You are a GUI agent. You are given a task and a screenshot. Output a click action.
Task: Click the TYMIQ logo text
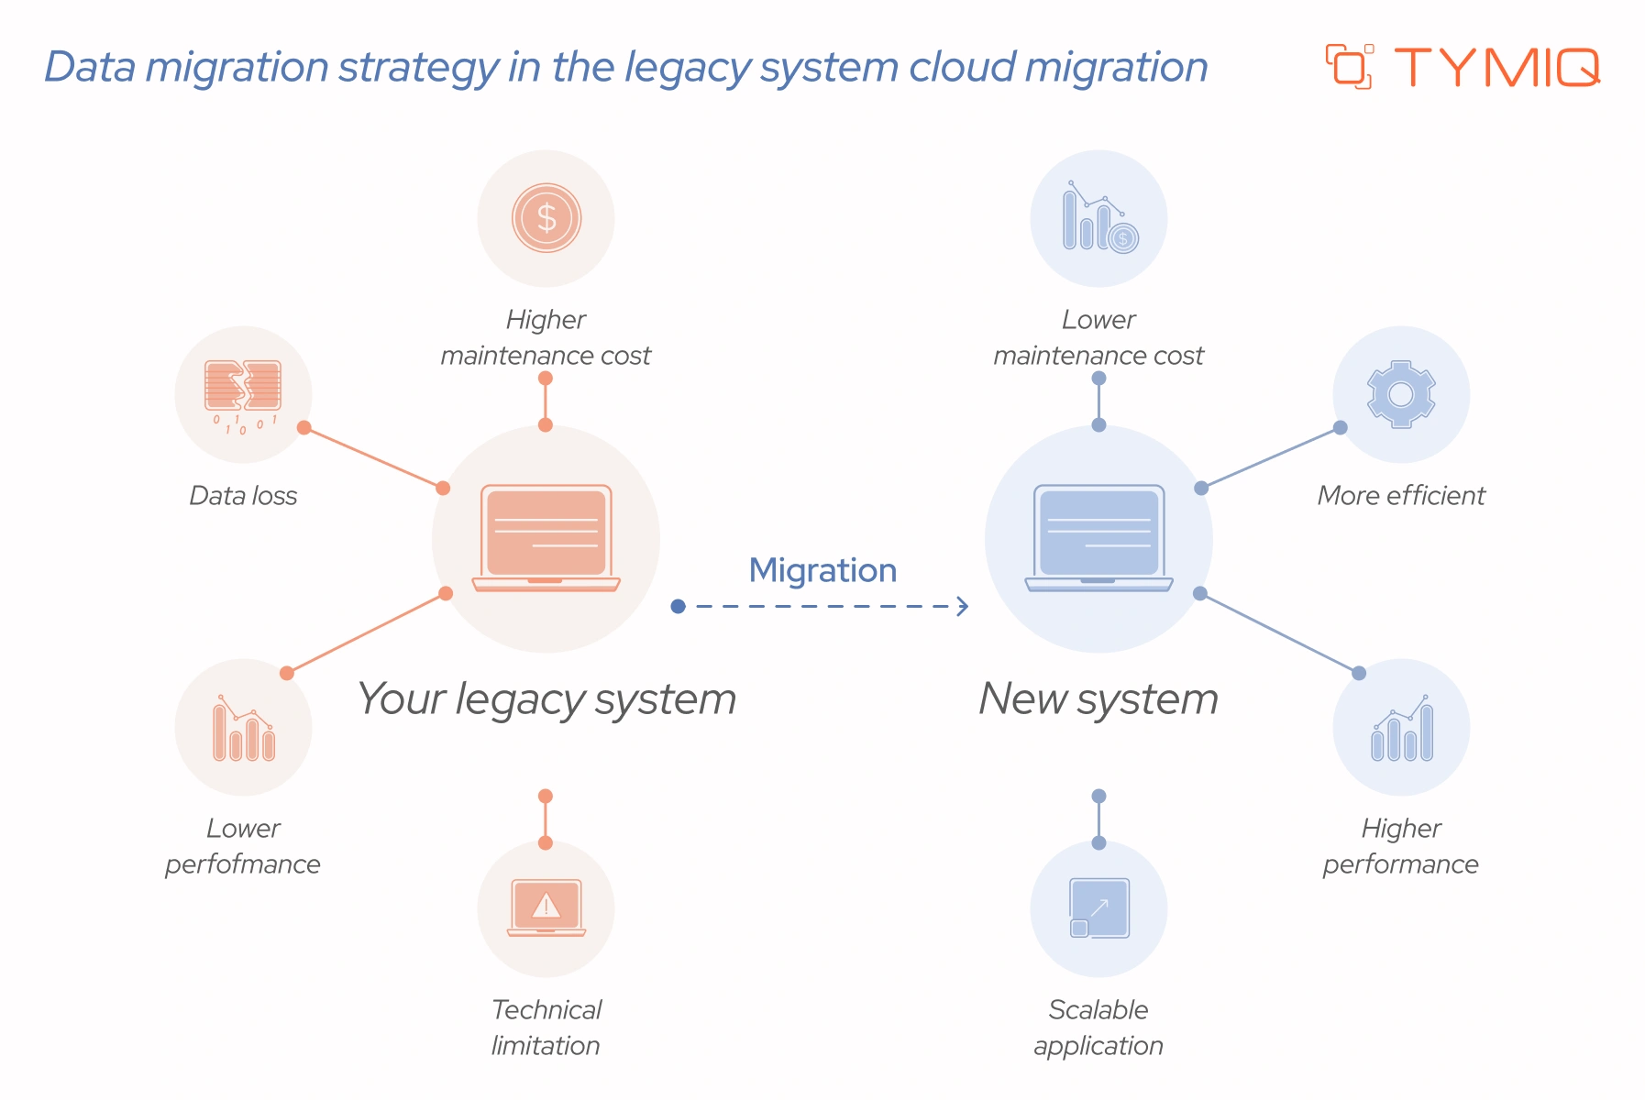pos(1496,68)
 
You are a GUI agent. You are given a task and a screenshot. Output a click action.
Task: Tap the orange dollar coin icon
pos(546,218)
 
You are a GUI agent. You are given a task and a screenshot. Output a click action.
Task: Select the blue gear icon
pos(1400,394)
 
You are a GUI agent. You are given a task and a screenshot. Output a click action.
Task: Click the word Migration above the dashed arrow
pos(822,570)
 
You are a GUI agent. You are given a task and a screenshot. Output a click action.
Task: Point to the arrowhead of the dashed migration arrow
pos(963,606)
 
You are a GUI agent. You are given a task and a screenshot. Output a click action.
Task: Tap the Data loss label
pos(243,496)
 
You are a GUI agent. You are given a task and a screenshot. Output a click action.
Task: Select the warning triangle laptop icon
pos(546,907)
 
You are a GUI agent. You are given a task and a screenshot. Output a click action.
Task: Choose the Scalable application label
pos(1099,1028)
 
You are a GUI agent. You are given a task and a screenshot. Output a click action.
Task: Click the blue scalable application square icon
pos(1099,907)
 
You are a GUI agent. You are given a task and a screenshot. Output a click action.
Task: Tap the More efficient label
pos(1400,496)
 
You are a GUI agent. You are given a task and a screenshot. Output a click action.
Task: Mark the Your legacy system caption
pos(546,699)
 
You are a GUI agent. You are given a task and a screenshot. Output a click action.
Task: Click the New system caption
pos(1099,699)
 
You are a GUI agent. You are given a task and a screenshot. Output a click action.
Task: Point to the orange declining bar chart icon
pos(243,729)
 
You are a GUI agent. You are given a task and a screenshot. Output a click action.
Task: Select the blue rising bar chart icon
pos(1401,729)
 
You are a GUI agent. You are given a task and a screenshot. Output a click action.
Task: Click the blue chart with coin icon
pos(1099,218)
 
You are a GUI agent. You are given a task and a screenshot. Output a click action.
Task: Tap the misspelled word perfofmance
pos(243,864)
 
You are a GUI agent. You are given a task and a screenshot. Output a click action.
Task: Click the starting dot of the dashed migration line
pos(678,606)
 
